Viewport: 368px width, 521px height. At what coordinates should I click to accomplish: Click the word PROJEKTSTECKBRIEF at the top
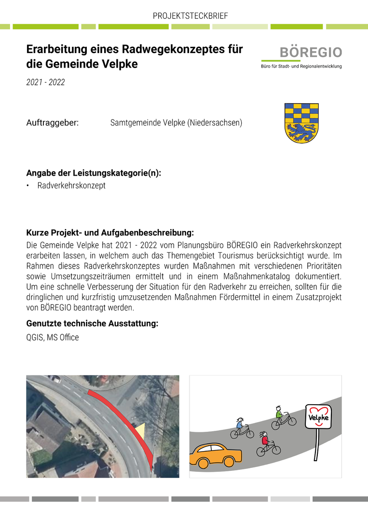click(x=190, y=16)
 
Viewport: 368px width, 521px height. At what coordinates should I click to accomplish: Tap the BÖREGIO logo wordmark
click(x=311, y=53)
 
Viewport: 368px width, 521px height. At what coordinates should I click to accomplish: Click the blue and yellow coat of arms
click(x=301, y=123)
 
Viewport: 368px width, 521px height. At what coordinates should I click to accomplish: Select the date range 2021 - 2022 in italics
click(x=45, y=82)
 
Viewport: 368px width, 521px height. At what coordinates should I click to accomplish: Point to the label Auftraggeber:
click(x=52, y=123)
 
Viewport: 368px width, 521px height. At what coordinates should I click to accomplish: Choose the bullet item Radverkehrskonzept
click(x=71, y=186)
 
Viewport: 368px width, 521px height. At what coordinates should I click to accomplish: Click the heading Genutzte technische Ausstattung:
click(x=92, y=324)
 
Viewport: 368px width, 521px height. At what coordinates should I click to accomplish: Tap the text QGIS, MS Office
click(x=53, y=338)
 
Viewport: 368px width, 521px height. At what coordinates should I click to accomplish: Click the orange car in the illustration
click(x=216, y=455)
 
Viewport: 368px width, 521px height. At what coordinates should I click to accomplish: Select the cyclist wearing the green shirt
click(x=283, y=418)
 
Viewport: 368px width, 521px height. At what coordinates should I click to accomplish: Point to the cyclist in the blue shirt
click(x=242, y=428)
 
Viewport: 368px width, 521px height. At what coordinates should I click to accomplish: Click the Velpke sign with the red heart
click(x=318, y=416)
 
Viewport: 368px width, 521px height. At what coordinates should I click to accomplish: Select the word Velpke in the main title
click(x=120, y=64)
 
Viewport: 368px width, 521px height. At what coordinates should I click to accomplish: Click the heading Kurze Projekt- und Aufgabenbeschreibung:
click(x=110, y=233)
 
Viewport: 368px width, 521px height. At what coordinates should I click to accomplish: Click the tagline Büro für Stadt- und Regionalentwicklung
click(x=301, y=66)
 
